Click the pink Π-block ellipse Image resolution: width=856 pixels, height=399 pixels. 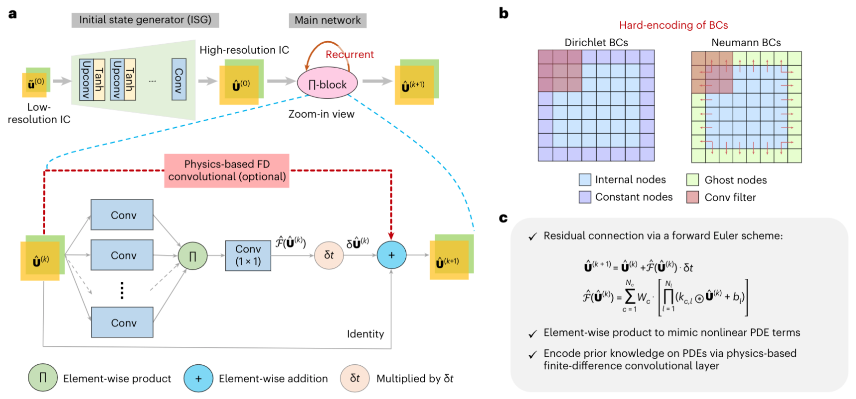pos(327,84)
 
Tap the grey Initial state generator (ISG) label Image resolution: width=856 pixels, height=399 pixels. pos(145,20)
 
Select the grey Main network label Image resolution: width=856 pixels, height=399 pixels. pos(327,20)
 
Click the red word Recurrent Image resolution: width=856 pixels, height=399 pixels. pos(349,55)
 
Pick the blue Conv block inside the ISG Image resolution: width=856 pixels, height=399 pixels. pos(179,80)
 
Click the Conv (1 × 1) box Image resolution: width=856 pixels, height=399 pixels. pos(248,255)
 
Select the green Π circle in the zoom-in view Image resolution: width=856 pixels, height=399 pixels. pos(192,256)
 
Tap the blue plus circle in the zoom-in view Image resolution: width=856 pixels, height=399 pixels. pos(391,255)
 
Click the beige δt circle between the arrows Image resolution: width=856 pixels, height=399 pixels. pos(329,255)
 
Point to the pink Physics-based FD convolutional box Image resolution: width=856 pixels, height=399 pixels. pos(227,170)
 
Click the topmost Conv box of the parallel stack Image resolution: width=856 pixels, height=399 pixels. pos(122,215)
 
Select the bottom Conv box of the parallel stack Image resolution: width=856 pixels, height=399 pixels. pos(122,322)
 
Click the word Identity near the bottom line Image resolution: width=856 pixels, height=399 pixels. pos(365,334)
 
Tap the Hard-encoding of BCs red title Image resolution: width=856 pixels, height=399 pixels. pos(673,25)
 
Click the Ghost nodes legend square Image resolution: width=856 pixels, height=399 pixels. pos(692,180)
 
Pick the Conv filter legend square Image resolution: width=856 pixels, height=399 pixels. pos(692,197)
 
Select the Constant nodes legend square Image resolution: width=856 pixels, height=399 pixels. pos(585,197)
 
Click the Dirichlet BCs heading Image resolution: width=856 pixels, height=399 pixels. pos(596,43)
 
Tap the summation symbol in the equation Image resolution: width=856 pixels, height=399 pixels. pos(630,297)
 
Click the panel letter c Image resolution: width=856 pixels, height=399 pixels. pos(503,218)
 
